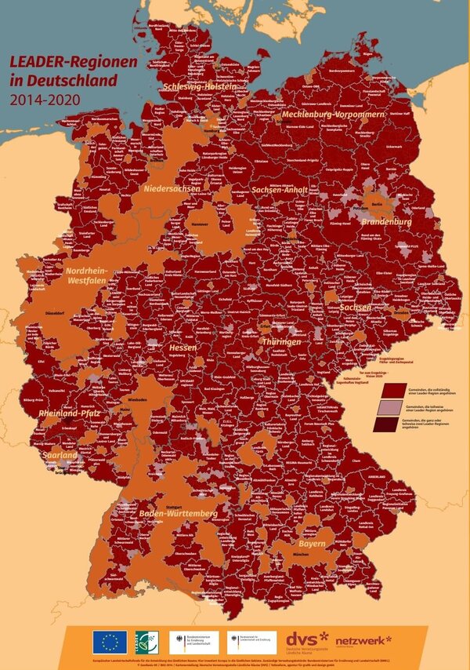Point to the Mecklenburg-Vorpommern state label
332,115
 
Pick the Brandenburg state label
385,222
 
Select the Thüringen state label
281,344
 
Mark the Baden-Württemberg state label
177,513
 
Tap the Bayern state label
311,543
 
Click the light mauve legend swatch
389,407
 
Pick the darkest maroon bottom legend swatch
389,424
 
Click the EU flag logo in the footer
109,642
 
